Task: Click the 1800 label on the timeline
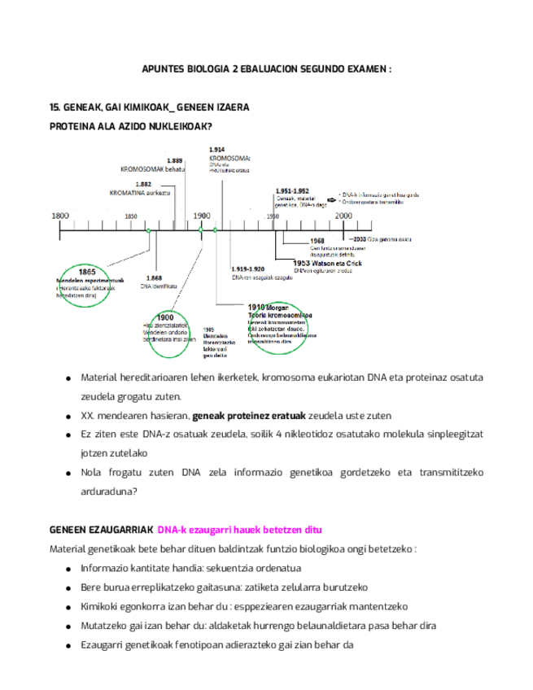pyautogui.click(x=60, y=216)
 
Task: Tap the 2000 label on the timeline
pyautogui.click(x=343, y=216)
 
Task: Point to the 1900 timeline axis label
pyautogui.click(x=201, y=216)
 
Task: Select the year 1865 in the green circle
pyautogui.click(x=88, y=272)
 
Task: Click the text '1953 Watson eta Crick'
pyautogui.click(x=327, y=263)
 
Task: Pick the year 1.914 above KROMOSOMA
pyautogui.click(x=216, y=150)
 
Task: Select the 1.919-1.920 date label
pyautogui.click(x=247, y=269)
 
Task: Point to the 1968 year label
pyautogui.click(x=317, y=241)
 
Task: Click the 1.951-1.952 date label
pyautogui.click(x=292, y=190)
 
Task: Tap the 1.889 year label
pyautogui.click(x=175, y=160)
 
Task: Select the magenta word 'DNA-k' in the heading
pyautogui.click(x=171, y=530)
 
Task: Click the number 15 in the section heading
pyautogui.click(x=55, y=107)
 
